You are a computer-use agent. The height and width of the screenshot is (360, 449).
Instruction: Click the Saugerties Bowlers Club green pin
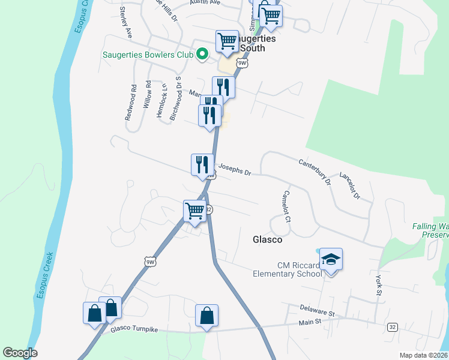203,55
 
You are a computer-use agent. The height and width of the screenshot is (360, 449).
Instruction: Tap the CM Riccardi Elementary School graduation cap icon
331,259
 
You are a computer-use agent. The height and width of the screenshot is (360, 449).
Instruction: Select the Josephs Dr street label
234,170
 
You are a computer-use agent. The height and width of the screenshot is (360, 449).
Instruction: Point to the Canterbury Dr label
315,171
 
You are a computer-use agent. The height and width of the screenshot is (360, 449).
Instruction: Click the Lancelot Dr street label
349,186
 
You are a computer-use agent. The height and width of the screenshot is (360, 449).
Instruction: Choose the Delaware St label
317,311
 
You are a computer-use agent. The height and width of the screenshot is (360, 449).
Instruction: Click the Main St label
311,322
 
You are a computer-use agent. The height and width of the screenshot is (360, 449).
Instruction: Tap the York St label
378,286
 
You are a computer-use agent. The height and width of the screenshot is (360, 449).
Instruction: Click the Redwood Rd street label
130,103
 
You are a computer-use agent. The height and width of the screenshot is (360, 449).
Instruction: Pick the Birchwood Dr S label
175,98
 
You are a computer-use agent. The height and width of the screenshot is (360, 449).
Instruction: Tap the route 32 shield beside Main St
392,326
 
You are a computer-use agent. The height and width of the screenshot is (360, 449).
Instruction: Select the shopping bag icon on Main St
206,315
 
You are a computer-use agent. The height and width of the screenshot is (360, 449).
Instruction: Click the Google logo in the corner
20,353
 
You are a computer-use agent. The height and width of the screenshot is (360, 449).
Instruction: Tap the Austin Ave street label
205,2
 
